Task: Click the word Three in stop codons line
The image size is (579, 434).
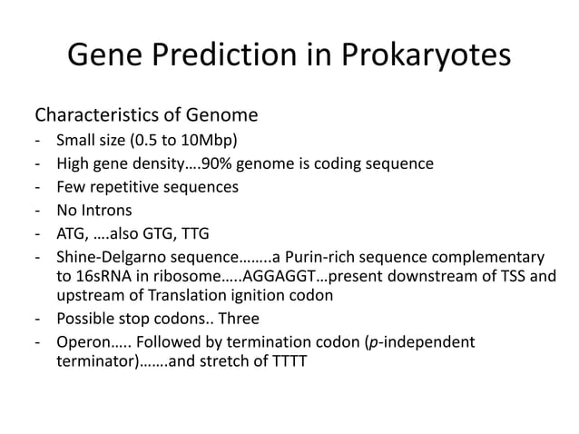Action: (x=239, y=320)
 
